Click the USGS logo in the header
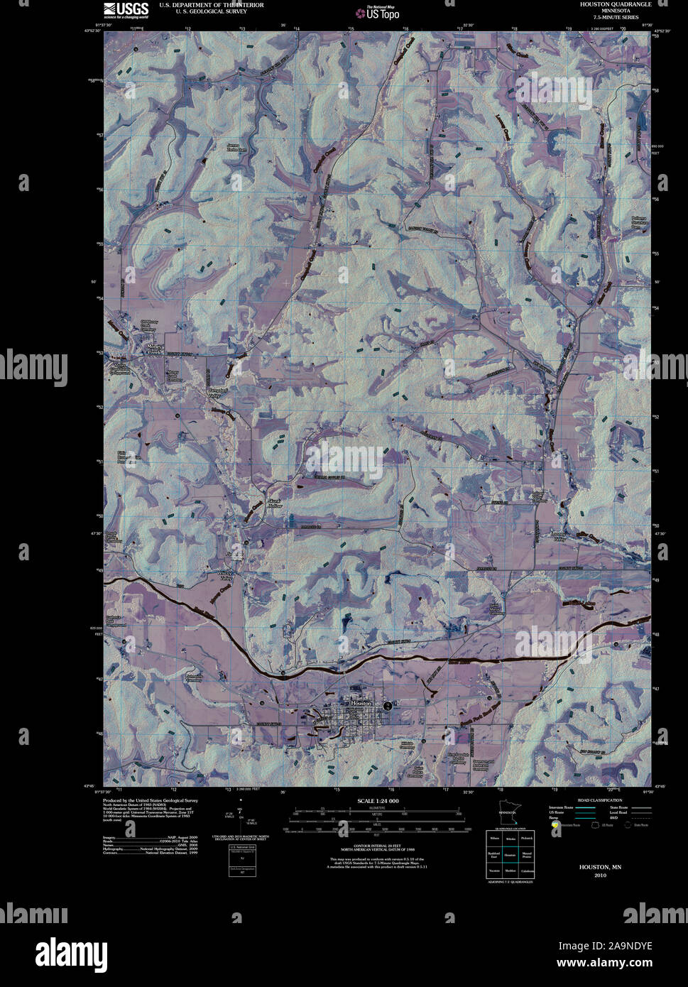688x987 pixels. click(126, 9)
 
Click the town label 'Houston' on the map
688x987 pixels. click(361, 702)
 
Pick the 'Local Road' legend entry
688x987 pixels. click(618, 812)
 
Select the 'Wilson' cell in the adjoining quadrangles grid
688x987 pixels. click(493, 839)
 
